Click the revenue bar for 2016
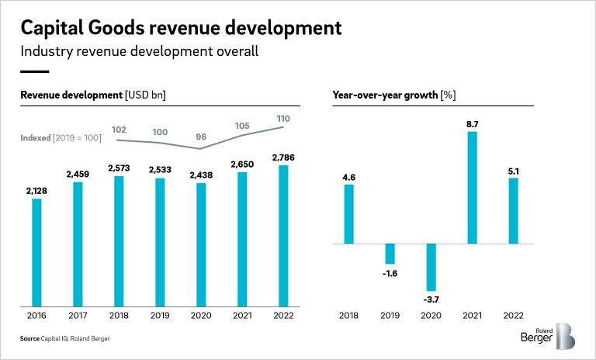pos(36,252)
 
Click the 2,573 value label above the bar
pos(119,168)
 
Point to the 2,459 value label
pos(78,174)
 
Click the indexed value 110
pos(283,118)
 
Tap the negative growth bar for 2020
pos(431,267)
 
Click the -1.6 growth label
pos(390,273)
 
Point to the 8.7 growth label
pos(472,123)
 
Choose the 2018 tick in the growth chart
pos(349,316)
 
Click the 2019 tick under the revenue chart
pos(160,316)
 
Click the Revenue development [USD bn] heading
pos(93,95)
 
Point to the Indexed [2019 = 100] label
pos(61,137)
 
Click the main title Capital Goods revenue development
pos(180,29)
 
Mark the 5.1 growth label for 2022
pos(513,170)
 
